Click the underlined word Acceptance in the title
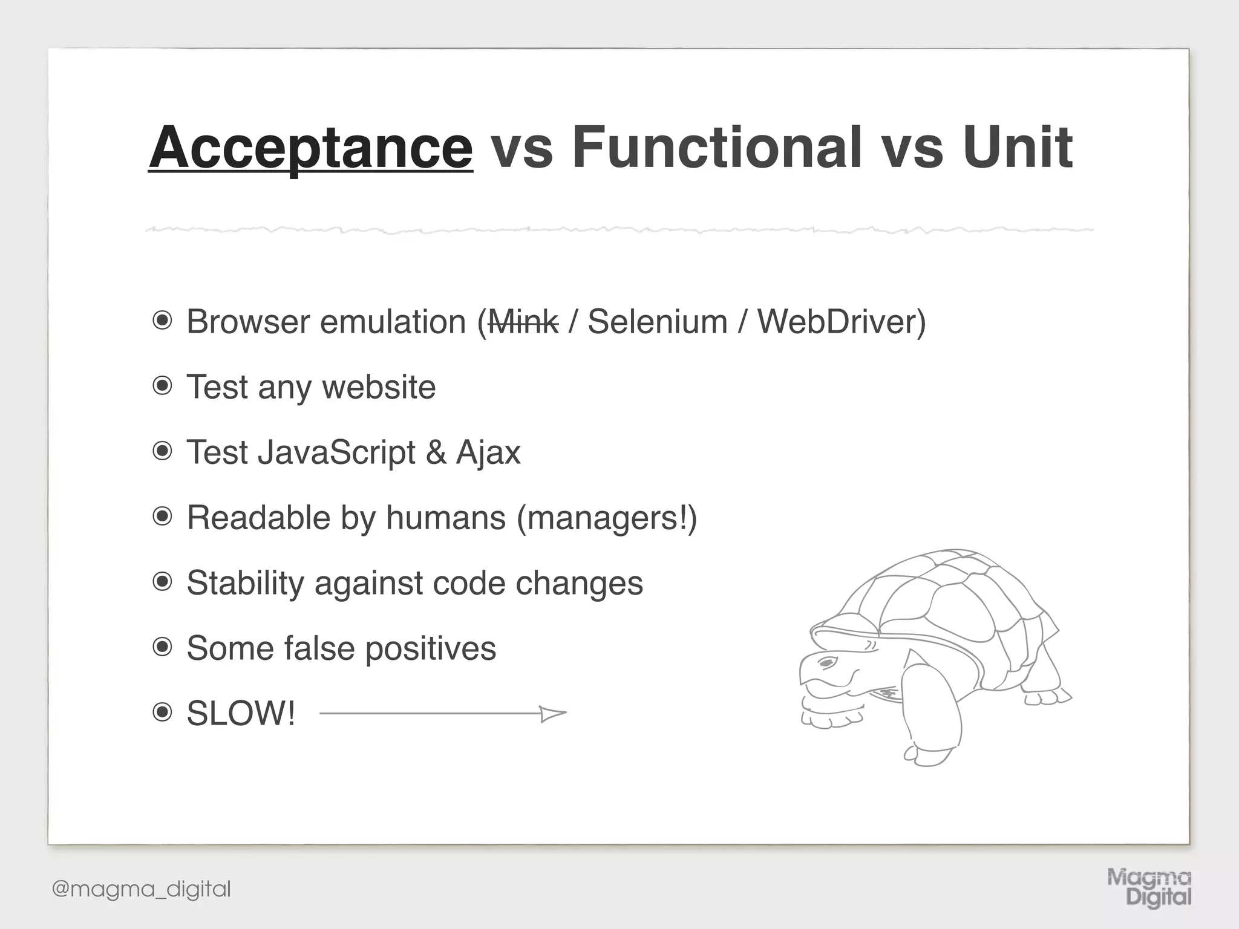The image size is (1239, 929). pyautogui.click(x=310, y=148)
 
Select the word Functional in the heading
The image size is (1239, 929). pyautogui.click(x=717, y=148)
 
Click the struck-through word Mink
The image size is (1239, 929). pyautogui.click(x=523, y=322)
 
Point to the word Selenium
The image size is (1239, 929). pyautogui.click(x=657, y=322)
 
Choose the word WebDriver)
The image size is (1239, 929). pyautogui.click(x=842, y=322)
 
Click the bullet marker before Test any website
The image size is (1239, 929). pyautogui.click(x=162, y=386)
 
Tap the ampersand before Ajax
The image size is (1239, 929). pyautogui.click(x=436, y=452)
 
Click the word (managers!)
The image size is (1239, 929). pyautogui.click(x=607, y=518)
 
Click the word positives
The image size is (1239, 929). pyautogui.click(x=430, y=648)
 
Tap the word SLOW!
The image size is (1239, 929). pyautogui.click(x=241, y=714)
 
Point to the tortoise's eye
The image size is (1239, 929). pyautogui.click(x=826, y=664)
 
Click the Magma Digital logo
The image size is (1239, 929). pyautogui.click(x=1149, y=887)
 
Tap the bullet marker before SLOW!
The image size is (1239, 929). pyautogui.click(x=162, y=712)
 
